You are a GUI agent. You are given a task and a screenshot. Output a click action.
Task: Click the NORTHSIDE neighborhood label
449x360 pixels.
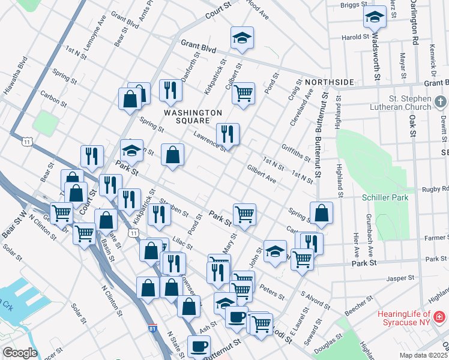click(x=329, y=82)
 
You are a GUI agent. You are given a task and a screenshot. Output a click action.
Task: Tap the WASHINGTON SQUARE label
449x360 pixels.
click(x=193, y=117)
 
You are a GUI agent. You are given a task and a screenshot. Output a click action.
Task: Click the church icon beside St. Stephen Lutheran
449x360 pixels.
click(x=441, y=102)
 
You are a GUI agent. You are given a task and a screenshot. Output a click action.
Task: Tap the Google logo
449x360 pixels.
click(x=20, y=352)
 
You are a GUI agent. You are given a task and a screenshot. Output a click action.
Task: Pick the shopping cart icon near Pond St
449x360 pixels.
click(x=243, y=93)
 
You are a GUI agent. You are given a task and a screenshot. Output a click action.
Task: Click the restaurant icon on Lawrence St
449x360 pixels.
click(x=228, y=134)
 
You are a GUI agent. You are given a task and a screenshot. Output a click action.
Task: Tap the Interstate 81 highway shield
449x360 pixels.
click(x=153, y=328)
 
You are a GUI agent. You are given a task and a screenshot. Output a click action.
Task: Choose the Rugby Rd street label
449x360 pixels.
click(x=437, y=189)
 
